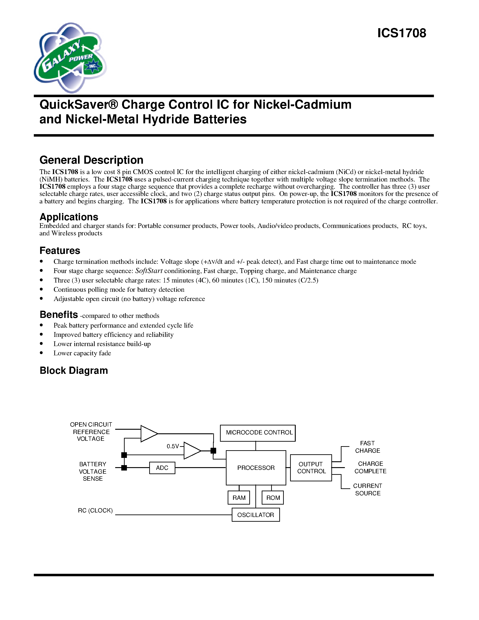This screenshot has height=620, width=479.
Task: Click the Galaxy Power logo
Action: [x=70, y=58]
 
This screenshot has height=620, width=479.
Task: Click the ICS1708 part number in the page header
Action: [x=401, y=33]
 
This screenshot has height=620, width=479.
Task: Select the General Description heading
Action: [x=91, y=160]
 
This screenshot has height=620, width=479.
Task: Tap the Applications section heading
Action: [x=69, y=217]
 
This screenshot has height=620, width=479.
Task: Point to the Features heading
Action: [x=60, y=251]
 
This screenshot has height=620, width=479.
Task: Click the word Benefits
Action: [x=59, y=315]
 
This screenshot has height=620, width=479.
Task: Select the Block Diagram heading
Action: [x=74, y=370]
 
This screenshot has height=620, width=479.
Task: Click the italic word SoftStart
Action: [x=149, y=271]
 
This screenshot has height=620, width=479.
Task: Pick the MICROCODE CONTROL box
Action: [x=258, y=433]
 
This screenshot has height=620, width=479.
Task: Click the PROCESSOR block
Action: [x=256, y=468]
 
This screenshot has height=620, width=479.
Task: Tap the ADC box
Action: [x=162, y=468]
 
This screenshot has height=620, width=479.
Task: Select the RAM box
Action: [x=239, y=498]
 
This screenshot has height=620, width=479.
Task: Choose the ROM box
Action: [x=273, y=498]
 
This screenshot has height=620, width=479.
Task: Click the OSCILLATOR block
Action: [x=255, y=515]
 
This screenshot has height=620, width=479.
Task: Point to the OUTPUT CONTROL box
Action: [x=311, y=468]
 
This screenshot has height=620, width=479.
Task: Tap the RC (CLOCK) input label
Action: [x=95, y=510]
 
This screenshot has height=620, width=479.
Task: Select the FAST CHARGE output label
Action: [x=367, y=447]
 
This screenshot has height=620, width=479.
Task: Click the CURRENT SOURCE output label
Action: [x=367, y=489]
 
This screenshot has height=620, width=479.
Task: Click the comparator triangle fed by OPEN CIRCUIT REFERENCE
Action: [x=148, y=434]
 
